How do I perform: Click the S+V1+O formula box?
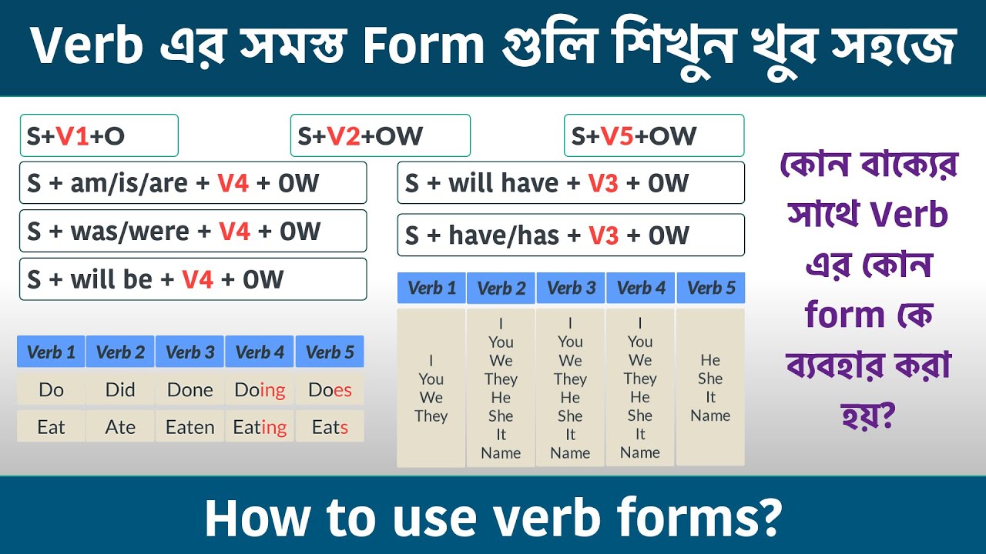click(99, 136)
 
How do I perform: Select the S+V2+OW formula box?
click(380, 136)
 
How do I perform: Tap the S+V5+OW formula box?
click(653, 136)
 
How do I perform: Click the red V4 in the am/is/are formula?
click(233, 183)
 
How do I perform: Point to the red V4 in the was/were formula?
click(234, 231)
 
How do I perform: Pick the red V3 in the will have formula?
click(603, 183)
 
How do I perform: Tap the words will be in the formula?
click(112, 279)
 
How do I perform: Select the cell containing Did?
click(120, 390)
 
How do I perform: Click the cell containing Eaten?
click(189, 427)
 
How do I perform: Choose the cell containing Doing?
click(260, 390)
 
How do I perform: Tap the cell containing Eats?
click(330, 427)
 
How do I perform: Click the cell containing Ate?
click(120, 427)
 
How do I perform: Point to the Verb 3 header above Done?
click(189, 352)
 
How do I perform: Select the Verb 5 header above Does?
click(330, 352)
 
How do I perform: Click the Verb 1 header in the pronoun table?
click(431, 289)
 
